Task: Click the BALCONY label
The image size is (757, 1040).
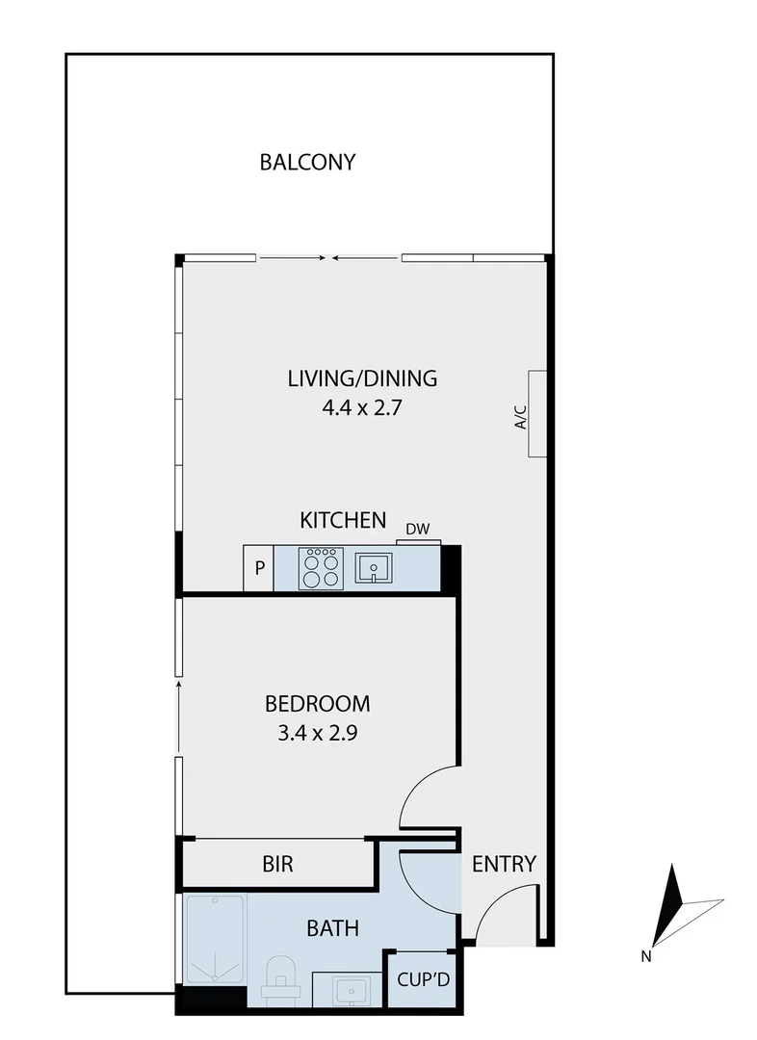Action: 307,162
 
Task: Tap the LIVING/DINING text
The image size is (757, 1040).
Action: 362,378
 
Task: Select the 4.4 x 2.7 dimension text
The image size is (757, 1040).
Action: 362,406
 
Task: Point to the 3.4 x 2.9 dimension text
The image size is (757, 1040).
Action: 317,732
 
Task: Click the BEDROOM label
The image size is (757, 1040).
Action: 317,703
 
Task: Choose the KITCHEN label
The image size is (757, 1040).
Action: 343,521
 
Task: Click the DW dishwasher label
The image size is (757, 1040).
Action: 417,529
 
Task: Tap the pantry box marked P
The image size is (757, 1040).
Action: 259,567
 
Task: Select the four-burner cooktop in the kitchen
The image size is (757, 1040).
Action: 321,567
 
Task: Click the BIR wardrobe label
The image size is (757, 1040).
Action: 277,864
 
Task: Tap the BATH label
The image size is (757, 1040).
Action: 332,928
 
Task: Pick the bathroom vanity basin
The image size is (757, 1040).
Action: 349,989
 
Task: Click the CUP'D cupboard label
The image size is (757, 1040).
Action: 423,980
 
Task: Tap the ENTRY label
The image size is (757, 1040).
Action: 503,864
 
